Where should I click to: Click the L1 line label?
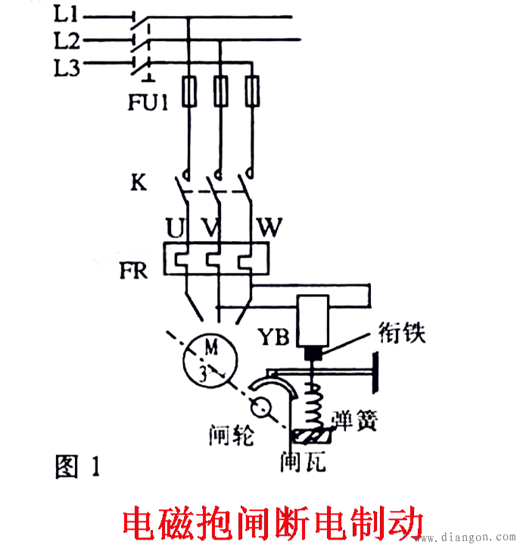click(67, 13)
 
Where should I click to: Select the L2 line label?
click(68, 39)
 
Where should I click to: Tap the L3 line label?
click(68, 67)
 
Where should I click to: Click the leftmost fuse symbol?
click(188, 92)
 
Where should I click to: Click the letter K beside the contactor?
click(139, 183)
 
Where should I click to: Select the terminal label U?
click(175, 227)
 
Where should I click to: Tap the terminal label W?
click(270, 227)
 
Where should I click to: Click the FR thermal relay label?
click(134, 269)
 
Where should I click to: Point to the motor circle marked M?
click(210, 360)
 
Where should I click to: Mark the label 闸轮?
click(232, 435)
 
